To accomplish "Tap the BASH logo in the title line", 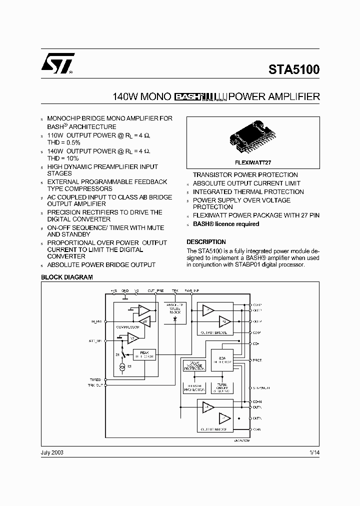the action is [x=189, y=96].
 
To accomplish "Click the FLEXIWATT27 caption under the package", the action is [x=252, y=163].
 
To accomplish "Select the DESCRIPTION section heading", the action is [x=206, y=241].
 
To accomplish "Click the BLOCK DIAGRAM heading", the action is [x=66, y=277].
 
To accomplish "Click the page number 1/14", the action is [x=314, y=452].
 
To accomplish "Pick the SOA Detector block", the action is [x=222, y=360].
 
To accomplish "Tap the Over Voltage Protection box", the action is [x=194, y=365].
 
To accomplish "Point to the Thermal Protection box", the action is [x=194, y=388].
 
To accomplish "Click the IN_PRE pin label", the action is [x=96, y=321].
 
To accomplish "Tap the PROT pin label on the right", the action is [x=257, y=360].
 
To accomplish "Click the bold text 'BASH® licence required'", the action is [x=226, y=224].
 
